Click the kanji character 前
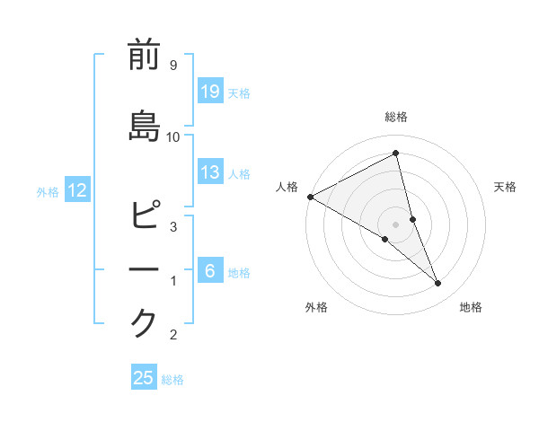[x=144, y=56]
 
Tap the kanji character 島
[x=144, y=126]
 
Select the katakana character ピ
[x=144, y=217]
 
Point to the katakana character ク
[x=144, y=322]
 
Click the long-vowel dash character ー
[x=144, y=269]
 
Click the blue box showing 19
[x=209, y=92]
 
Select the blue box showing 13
[x=209, y=173]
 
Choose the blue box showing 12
[x=76, y=190]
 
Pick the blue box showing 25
[x=144, y=378]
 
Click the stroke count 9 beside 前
[x=172, y=66]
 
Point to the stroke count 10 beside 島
[x=173, y=136]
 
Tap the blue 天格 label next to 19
[x=239, y=92]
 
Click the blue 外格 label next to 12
[x=48, y=191]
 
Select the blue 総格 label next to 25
[x=172, y=379]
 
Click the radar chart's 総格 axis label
[x=396, y=117]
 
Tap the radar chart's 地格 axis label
[x=471, y=307]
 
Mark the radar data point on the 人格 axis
[x=310, y=197]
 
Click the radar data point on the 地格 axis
[x=438, y=284]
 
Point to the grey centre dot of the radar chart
[x=395, y=224]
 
